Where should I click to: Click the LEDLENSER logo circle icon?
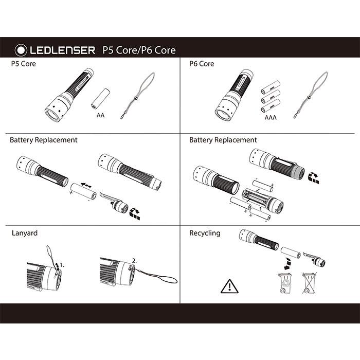pos(21,50)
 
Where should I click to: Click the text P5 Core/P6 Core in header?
pos(139,50)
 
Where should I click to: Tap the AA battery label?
pos(100,116)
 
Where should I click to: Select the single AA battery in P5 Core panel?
pos(101,98)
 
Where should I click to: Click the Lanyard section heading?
pos(24,233)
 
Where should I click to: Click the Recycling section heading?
pos(205,233)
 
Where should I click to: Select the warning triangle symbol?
pos(228,285)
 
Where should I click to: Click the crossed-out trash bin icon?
pos(309,283)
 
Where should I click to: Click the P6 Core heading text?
pos(202,64)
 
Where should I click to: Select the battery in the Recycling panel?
pos(290,253)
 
